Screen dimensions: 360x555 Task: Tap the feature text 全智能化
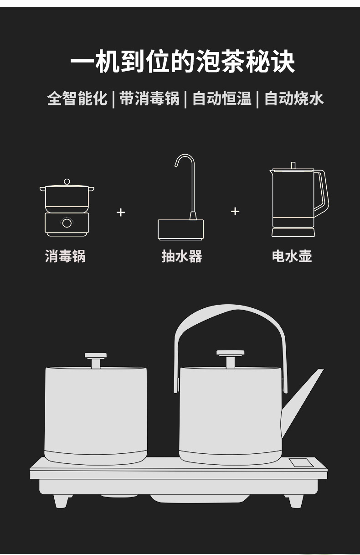tap(77, 99)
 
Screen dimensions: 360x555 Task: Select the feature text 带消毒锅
tap(149, 99)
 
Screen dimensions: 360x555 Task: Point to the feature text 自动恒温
tap(221, 99)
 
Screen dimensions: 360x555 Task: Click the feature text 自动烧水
tap(294, 99)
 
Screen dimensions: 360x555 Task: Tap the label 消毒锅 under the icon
tap(65, 256)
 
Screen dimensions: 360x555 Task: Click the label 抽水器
tap(182, 256)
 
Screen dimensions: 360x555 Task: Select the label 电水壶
tap(292, 256)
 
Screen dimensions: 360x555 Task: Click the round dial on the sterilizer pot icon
tap(67, 223)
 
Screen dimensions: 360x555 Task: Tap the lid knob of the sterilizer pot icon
tap(67, 182)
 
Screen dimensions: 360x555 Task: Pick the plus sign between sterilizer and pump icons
tap(121, 213)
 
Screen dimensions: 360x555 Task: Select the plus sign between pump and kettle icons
tap(235, 211)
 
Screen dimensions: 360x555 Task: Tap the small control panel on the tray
tap(302, 462)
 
